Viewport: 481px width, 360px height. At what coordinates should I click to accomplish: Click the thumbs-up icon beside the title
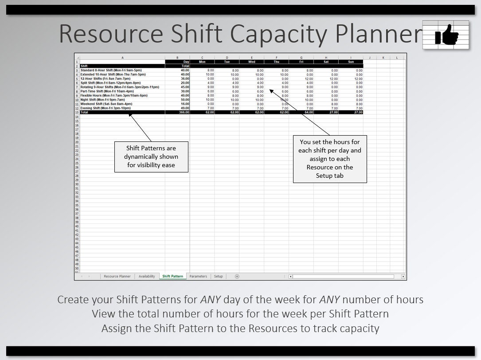446,35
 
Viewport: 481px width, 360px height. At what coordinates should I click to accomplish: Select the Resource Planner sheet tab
117,276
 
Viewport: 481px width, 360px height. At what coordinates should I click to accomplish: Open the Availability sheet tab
147,276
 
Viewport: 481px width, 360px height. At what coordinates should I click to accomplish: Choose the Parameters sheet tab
198,276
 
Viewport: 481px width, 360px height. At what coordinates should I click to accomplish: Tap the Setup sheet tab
219,276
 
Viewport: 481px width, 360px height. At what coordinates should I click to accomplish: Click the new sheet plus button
237,276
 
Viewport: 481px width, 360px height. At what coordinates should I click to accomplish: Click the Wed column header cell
251,62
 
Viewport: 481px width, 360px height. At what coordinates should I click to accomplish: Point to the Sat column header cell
326,62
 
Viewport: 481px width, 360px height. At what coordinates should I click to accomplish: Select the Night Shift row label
103,100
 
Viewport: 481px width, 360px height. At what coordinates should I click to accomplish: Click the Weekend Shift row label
106,104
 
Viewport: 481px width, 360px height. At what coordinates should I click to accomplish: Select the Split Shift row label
110,83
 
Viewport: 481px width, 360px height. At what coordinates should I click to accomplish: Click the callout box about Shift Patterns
151,157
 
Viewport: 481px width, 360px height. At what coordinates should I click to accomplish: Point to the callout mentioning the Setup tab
330,159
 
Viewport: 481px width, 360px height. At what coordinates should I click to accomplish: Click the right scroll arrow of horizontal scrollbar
403,276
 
